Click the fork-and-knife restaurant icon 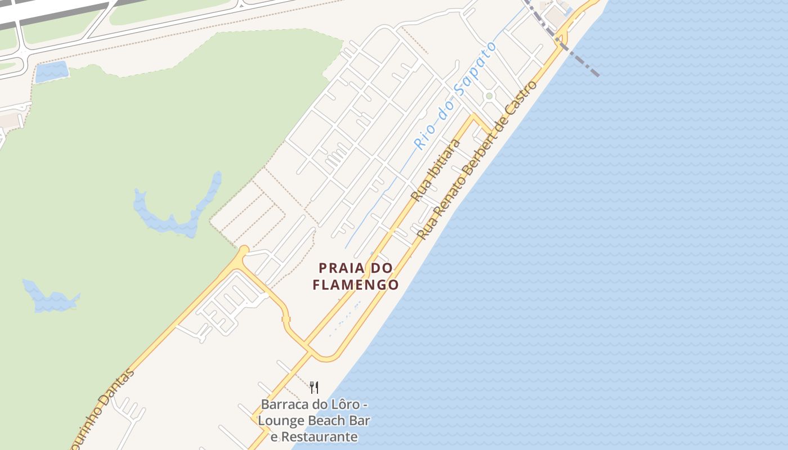pyautogui.click(x=314, y=387)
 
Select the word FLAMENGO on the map pyautogui.click(x=355, y=285)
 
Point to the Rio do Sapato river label pyautogui.click(x=455, y=96)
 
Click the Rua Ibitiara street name pyautogui.click(x=436, y=169)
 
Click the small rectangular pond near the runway pyautogui.click(x=51, y=72)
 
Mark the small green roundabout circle pyautogui.click(x=489, y=96)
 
